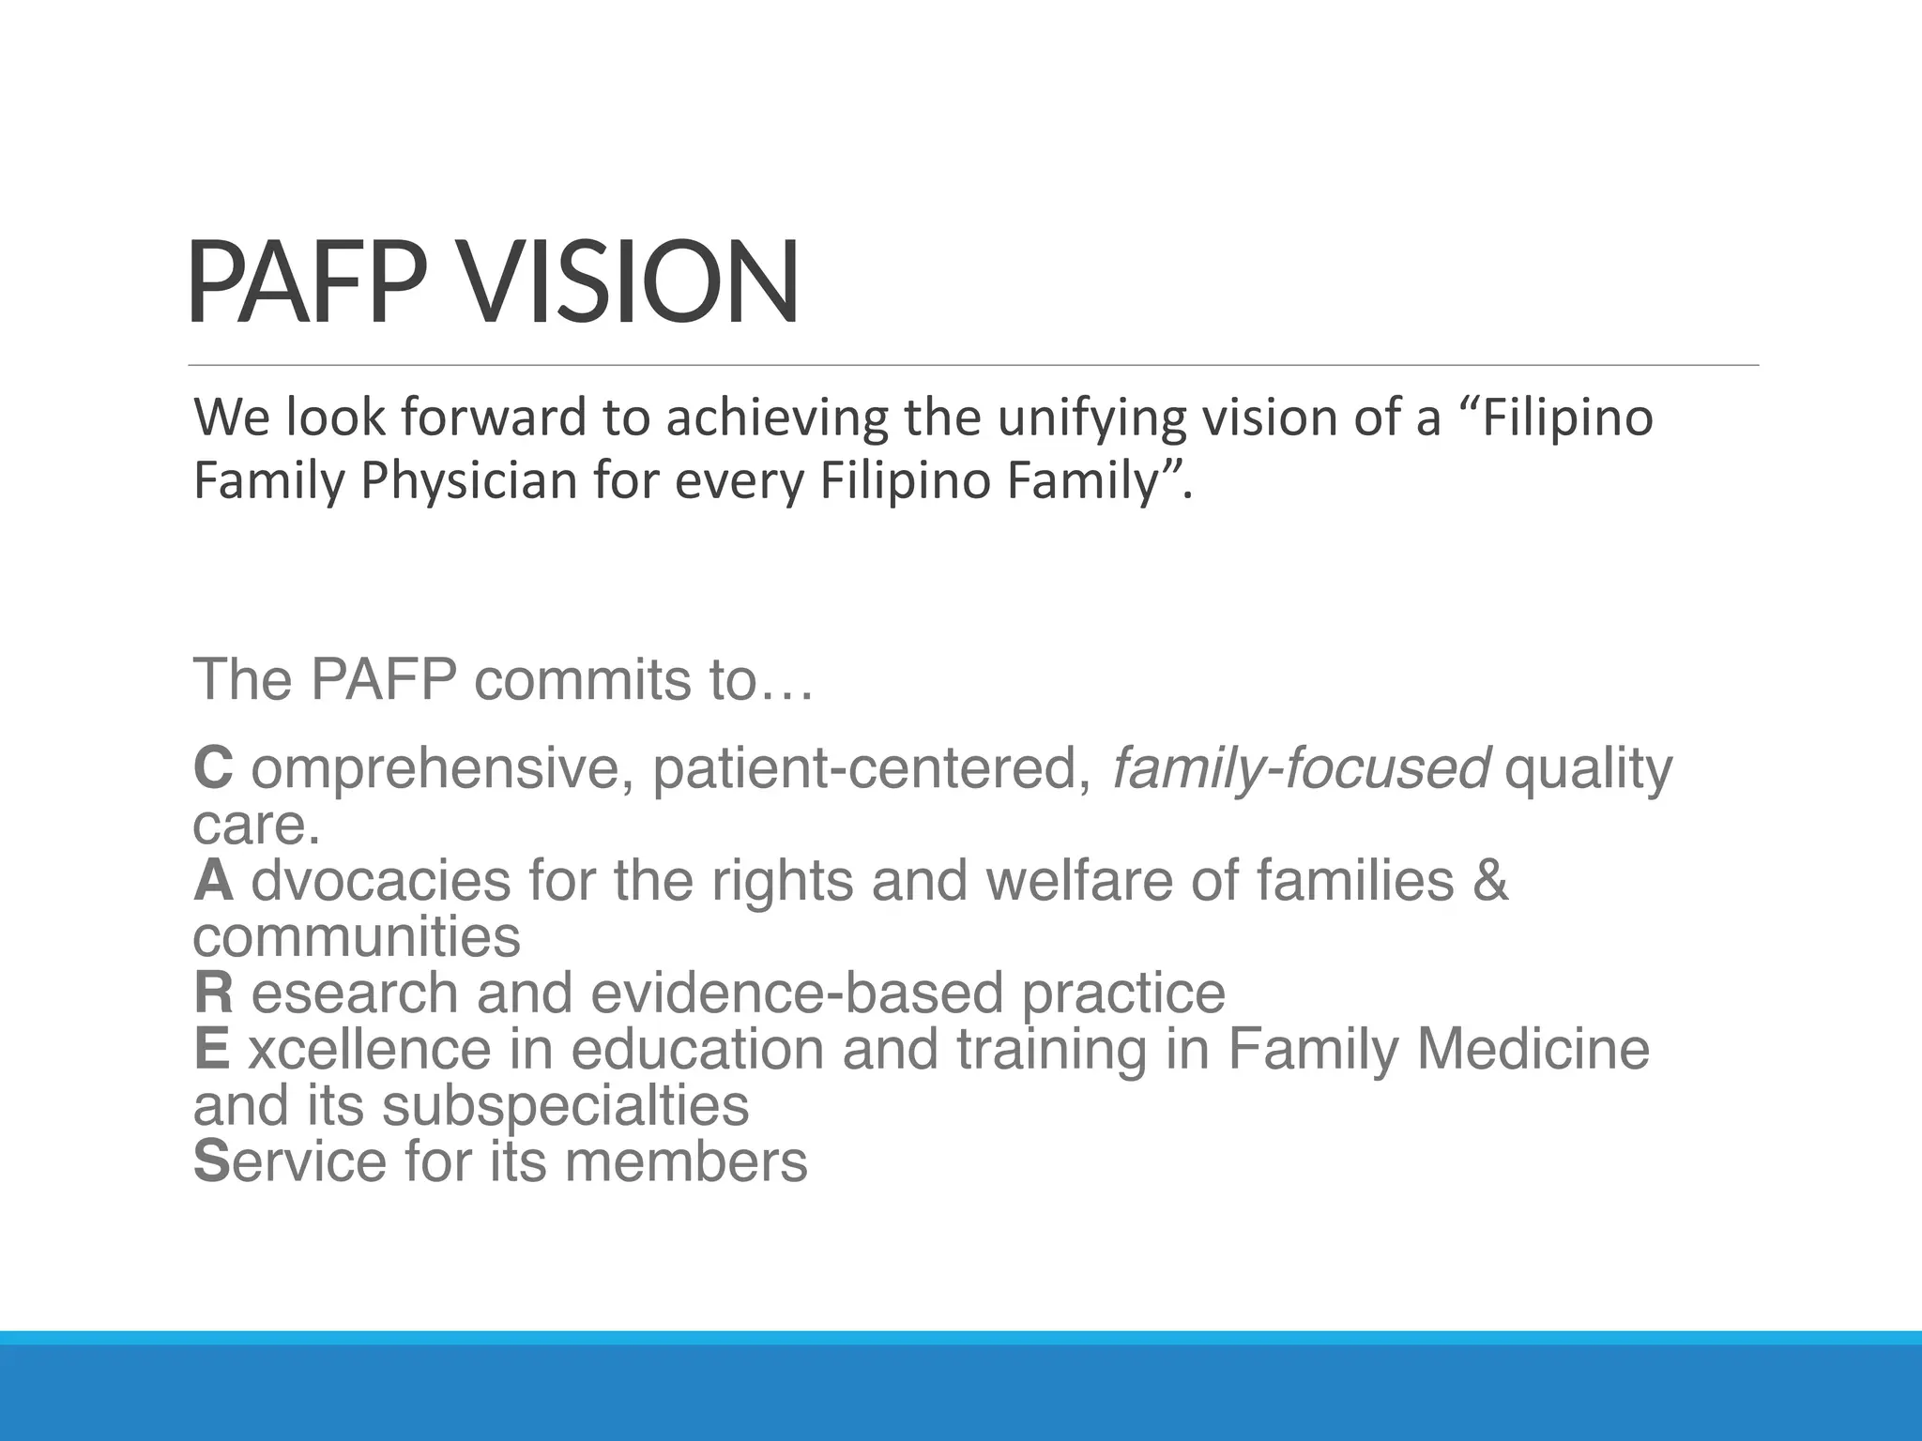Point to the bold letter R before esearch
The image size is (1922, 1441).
[x=213, y=993]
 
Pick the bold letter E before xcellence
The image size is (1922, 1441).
[x=211, y=1049]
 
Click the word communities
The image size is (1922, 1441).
[x=357, y=936]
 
